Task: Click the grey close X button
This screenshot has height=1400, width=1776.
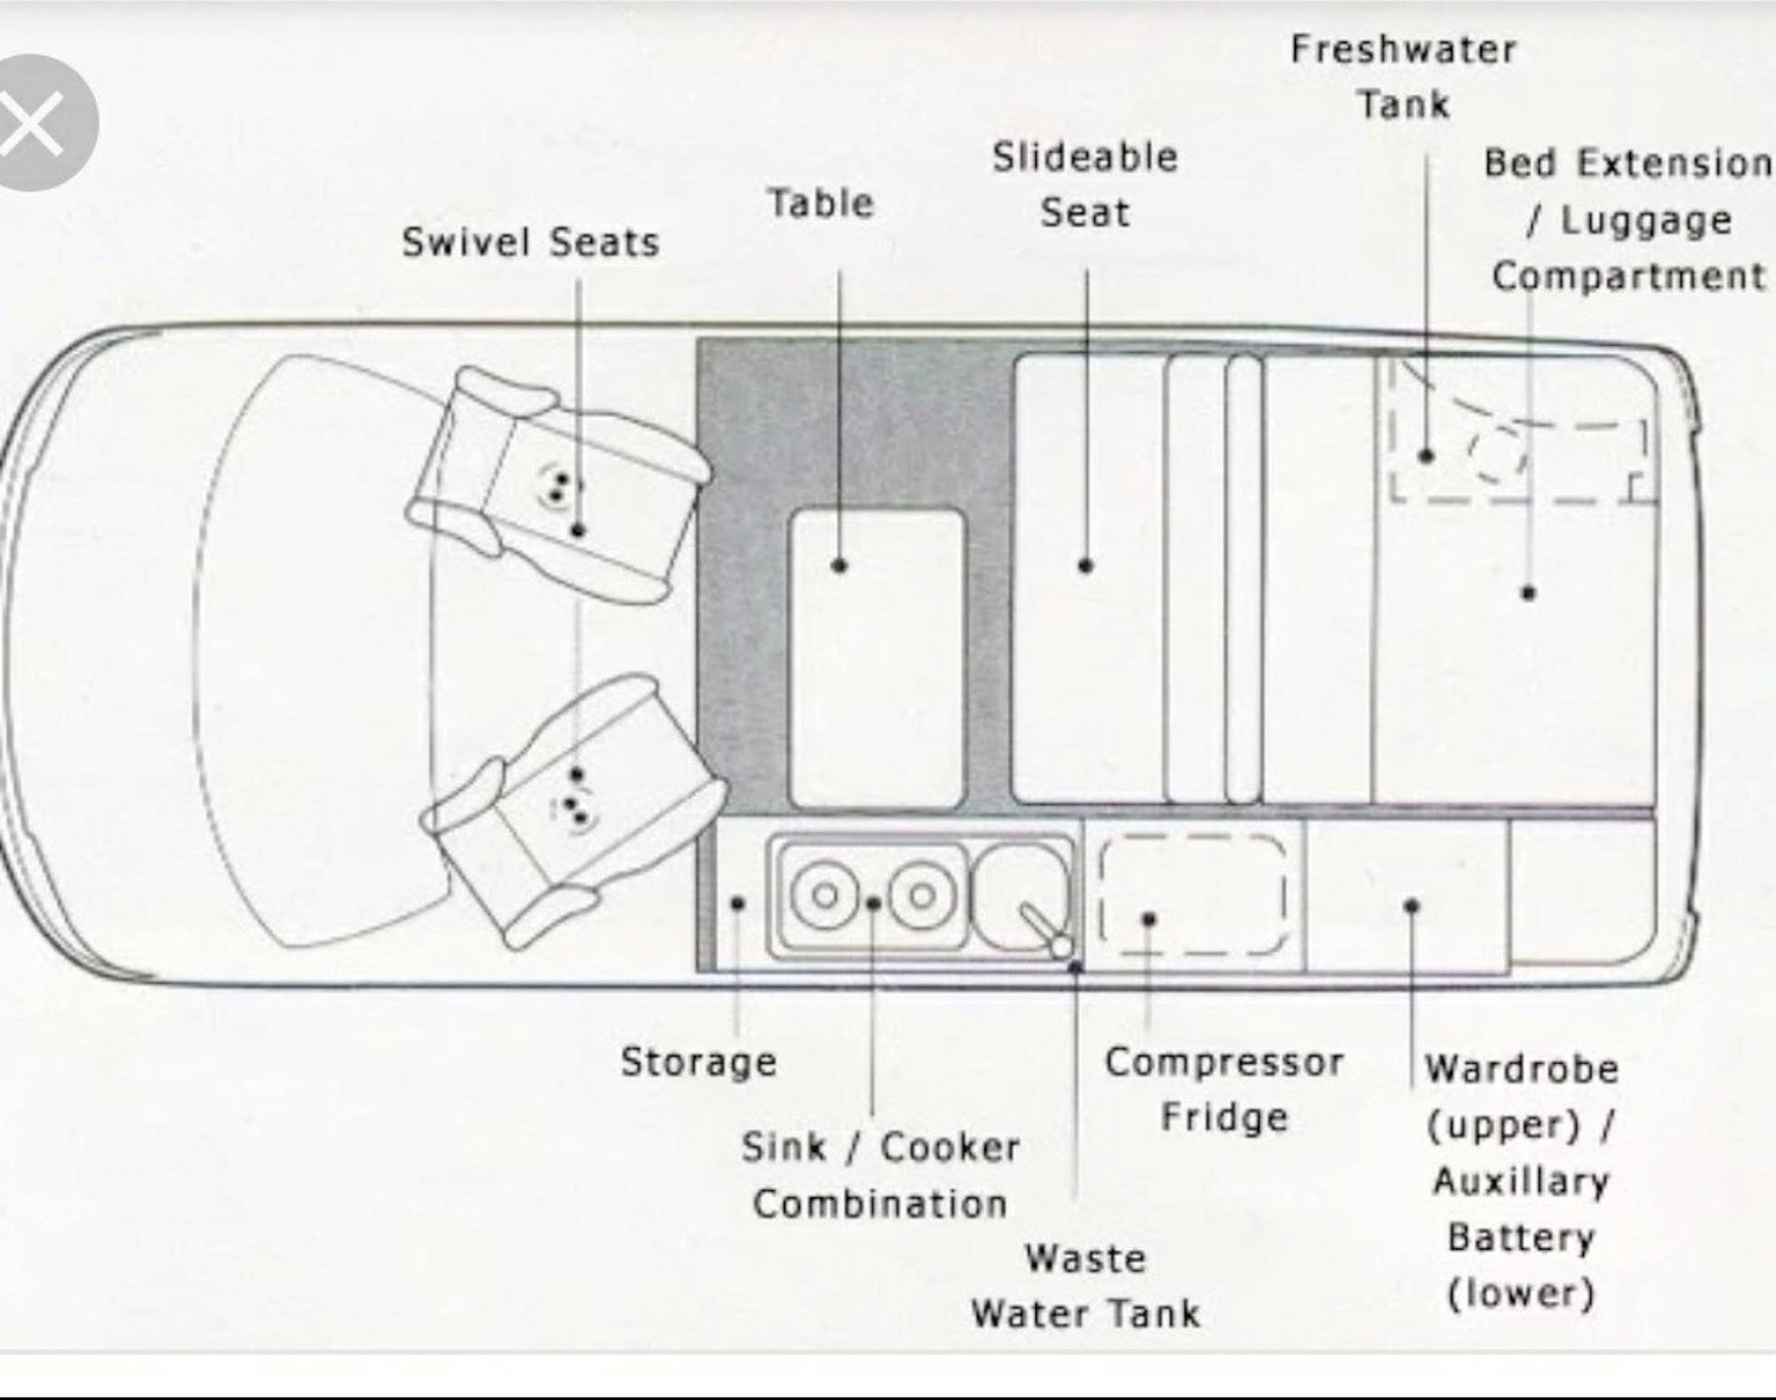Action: (x=33, y=123)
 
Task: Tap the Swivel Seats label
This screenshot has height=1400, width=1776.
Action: (x=530, y=243)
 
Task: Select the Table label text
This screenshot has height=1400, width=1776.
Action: (x=821, y=203)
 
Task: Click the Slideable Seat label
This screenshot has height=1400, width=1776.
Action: (x=1085, y=185)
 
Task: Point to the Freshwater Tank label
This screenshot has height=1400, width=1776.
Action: (x=1404, y=77)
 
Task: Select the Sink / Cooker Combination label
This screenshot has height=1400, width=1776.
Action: (x=880, y=1176)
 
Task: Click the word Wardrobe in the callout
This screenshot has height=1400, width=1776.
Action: (x=1522, y=1070)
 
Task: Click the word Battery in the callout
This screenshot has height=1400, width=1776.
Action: (x=1521, y=1238)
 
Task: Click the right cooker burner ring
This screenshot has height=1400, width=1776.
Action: (x=923, y=895)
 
